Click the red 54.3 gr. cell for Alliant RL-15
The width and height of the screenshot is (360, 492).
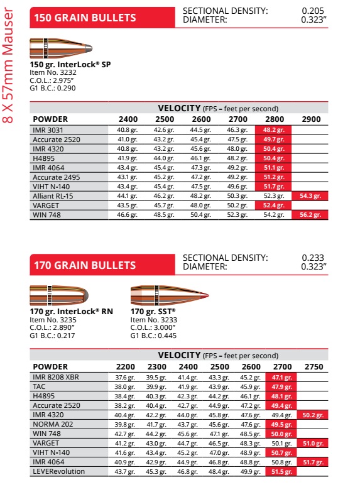[x=310, y=196]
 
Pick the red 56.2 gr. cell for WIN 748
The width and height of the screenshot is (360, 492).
[x=310, y=214]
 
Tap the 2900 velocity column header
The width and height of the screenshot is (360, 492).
[x=310, y=119]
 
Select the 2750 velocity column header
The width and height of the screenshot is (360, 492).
[x=310, y=366]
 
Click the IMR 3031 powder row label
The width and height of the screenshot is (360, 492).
[x=49, y=129]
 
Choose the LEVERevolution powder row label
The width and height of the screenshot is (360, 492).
[x=59, y=471]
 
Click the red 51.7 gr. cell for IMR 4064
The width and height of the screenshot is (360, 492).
[x=310, y=462]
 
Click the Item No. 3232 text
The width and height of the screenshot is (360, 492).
[x=53, y=72]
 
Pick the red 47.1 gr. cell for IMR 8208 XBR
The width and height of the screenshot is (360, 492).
[x=278, y=376]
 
